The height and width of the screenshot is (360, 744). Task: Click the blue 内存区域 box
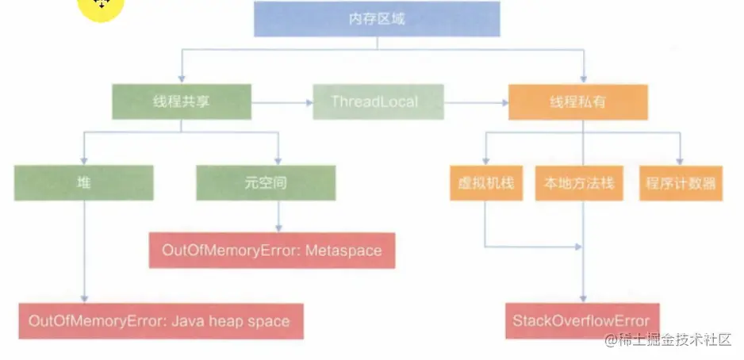click(377, 19)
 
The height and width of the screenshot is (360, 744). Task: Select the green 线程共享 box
click(182, 101)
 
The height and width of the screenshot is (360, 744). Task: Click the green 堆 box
click(83, 182)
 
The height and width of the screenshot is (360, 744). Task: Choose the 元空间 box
click(267, 182)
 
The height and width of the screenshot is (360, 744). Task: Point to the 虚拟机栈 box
click(485, 183)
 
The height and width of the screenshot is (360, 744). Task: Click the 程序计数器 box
click(680, 183)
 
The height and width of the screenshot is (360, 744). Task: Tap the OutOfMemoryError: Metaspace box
click(272, 251)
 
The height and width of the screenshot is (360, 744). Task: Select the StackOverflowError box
click(581, 320)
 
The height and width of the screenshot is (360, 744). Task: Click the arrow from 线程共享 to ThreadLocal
click(282, 102)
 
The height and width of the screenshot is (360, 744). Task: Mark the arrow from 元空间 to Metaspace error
click(278, 216)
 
